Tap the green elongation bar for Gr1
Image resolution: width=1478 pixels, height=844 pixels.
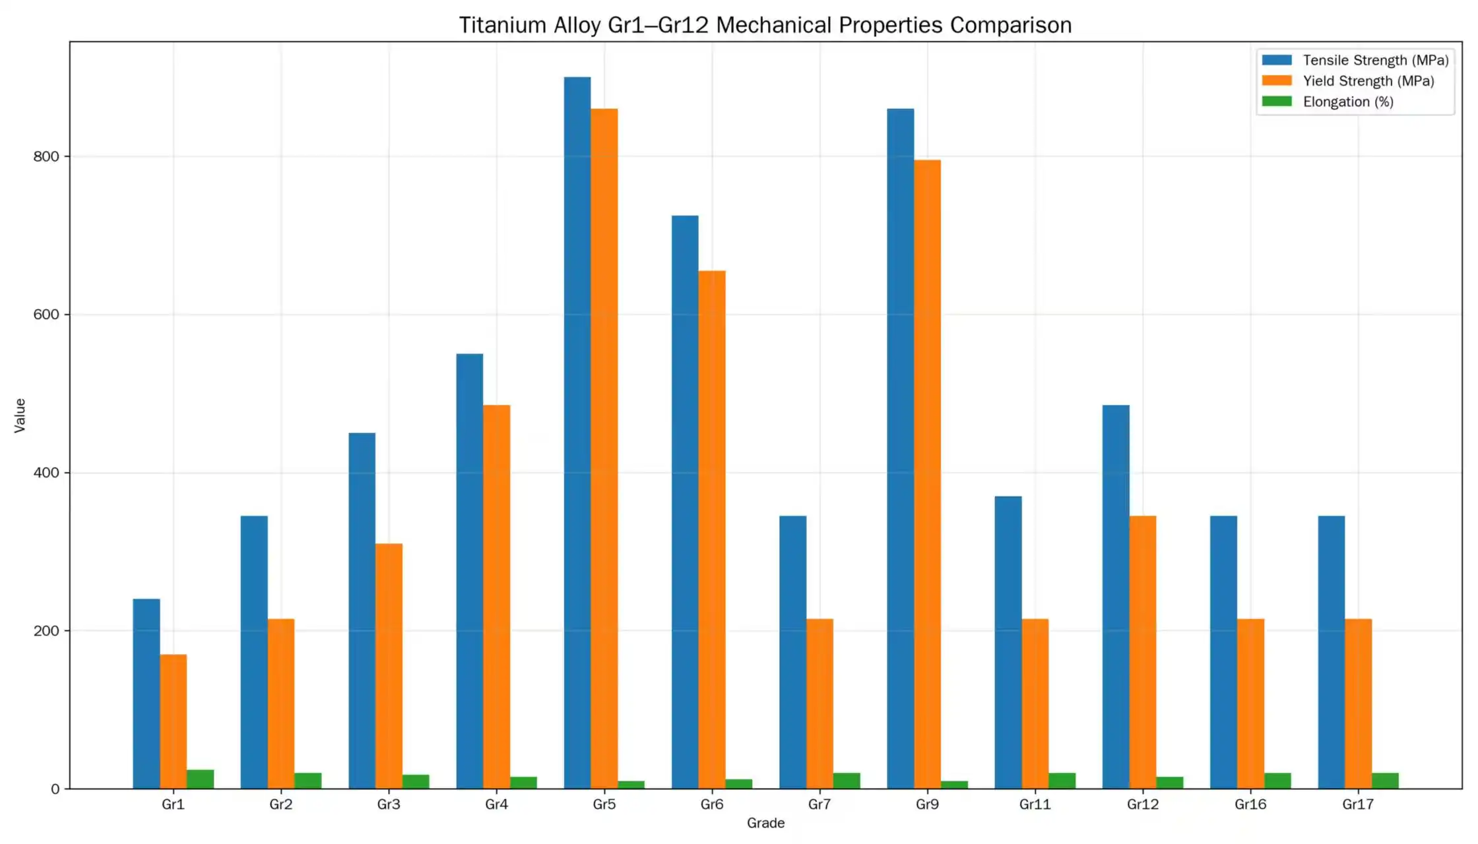(x=200, y=779)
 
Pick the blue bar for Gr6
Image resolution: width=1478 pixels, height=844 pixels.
(x=685, y=501)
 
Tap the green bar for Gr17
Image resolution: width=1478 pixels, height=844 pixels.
(x=1385, y=781)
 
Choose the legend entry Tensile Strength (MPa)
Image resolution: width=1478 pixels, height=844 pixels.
(x=1375, y=60)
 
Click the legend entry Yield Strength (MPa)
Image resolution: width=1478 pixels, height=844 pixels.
(x=1368, y=81)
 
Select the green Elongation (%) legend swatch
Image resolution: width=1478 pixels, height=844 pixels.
(x=1277, y=102)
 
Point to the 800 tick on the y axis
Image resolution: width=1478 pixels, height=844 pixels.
(x=46, y=157)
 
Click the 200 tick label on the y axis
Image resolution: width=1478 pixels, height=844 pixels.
(x=46, y=631)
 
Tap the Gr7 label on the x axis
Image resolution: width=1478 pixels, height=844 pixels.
(x=819, y=804)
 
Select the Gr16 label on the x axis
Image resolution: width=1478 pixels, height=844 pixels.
(x=1250, y=804)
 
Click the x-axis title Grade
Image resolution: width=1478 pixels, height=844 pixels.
(x=765, y=823)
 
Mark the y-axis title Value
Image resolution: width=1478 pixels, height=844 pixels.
(x=20, y=415)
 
